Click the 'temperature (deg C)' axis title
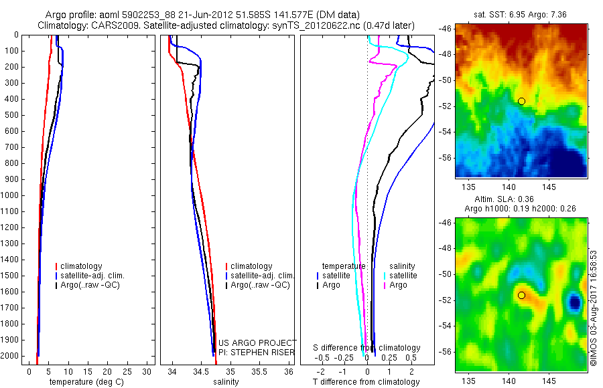click(x=84, y=382)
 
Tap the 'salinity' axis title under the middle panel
click(x=225, y=382)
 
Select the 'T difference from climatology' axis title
click(x=366, y=382)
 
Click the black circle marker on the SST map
click(x=521, y=101)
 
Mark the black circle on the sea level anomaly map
click(x=521, y=295)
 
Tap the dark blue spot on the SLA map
click(x=574, y=302)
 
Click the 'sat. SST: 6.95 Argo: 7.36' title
click(x=521, y=15)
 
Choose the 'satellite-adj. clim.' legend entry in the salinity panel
click(x=262, y=276)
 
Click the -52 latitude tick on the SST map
click(x=445, y=106)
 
